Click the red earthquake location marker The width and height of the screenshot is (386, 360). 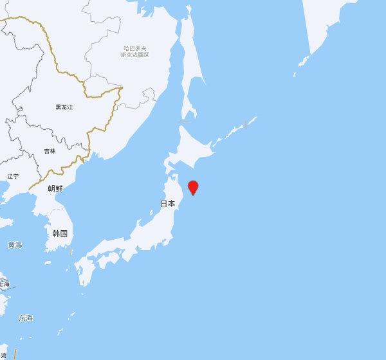[x=192, y=188]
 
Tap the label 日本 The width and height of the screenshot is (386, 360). [x=167, y=203]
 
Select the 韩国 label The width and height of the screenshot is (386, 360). [x=59, y=233]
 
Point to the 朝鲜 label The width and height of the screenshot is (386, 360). [x=55, y=188]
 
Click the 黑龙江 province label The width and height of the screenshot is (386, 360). [x=64, y=107]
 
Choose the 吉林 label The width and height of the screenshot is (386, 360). [x=50, y=150]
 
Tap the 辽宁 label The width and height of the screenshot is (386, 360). [x=13, y=176]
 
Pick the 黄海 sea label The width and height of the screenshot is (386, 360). [x=14, y=245]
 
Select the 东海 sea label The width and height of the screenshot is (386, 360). [x=26, y=318]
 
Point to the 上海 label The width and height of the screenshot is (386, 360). [x=4, y=283]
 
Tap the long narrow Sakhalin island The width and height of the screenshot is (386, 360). [x=188, y=77]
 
